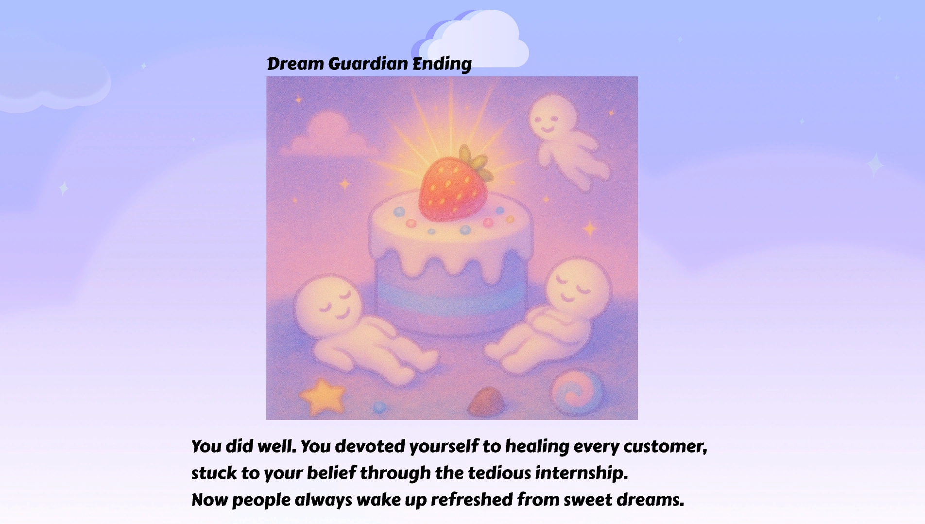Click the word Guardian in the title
coord(368,64)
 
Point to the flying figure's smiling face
coord(553,119)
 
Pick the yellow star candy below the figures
coord(323,397)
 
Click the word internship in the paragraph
coord(582,473)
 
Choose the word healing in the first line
coord(537,447)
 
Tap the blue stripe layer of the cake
coord(451,292)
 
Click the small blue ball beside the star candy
coord(379,407)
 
